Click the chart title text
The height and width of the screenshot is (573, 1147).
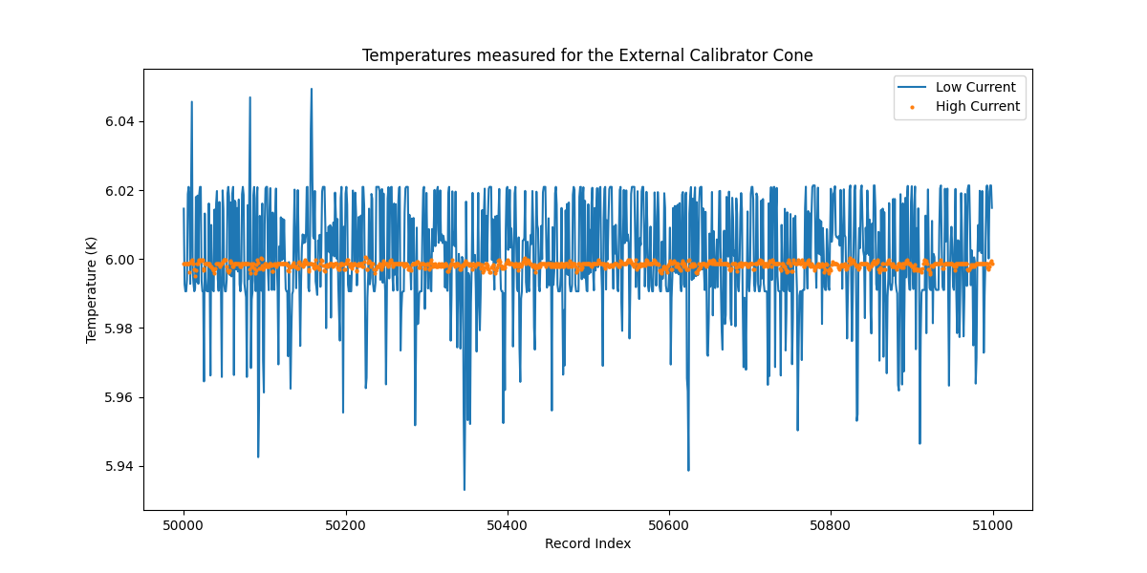pyautogui.click(x=587, y=55)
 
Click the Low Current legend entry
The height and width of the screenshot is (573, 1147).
pyautogui.click(x=975, y=87)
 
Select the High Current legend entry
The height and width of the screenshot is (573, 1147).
pyautogui.click(x=977, y=107)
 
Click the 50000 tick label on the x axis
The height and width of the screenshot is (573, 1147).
pyautogui.click(x=184, y=524)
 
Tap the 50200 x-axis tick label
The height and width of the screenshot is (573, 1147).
pyautogui.click(x=345, y=524)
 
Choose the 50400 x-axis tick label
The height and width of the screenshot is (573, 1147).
pyautogui.click(x=507, y=524)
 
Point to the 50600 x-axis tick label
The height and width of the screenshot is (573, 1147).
pyautogui.click(x=668, y=524)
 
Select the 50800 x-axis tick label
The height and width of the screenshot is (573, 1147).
pyautogui.click(x=830, y=524)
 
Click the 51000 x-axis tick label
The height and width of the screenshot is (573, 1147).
pyautogui.click(x=992, y=524)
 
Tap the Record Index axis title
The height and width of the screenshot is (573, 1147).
pyautogui.click(x=587, y=543)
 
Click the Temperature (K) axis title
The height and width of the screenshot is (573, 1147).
pyautogui.click(x=92, y=289)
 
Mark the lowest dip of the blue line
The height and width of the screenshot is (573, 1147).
pyautogui.click(x=465, y=489)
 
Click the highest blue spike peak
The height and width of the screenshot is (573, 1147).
pyautogui.click(x=312, y=89)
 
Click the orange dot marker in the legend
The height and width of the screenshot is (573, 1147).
pyautogui.click(x=911, y=107)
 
